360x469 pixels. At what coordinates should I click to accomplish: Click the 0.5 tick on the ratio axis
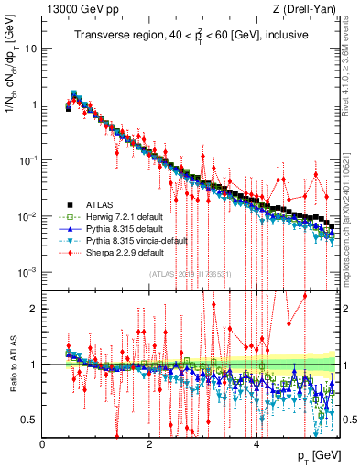click(x=30, y=420)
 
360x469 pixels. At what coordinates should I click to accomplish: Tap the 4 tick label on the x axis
click(x=256, y=443)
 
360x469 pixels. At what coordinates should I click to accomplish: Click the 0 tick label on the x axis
click(x=43, y=443)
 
